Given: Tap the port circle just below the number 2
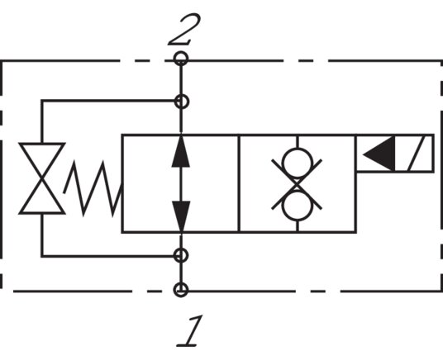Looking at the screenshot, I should click(x=181, y=59).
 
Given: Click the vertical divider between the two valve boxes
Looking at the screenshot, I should click(x=239, y=183).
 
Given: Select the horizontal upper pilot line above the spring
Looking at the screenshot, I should click(x=107, y=102).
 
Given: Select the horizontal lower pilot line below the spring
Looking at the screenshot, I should click(x=107, y=255).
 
